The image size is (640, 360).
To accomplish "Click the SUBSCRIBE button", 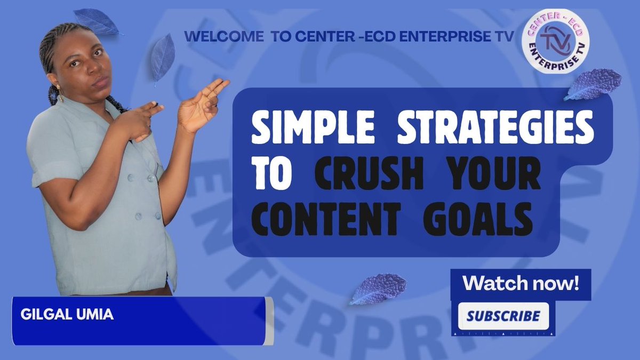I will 503,316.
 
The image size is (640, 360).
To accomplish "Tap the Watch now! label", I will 521,283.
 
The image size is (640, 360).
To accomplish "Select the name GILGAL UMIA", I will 67,314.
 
